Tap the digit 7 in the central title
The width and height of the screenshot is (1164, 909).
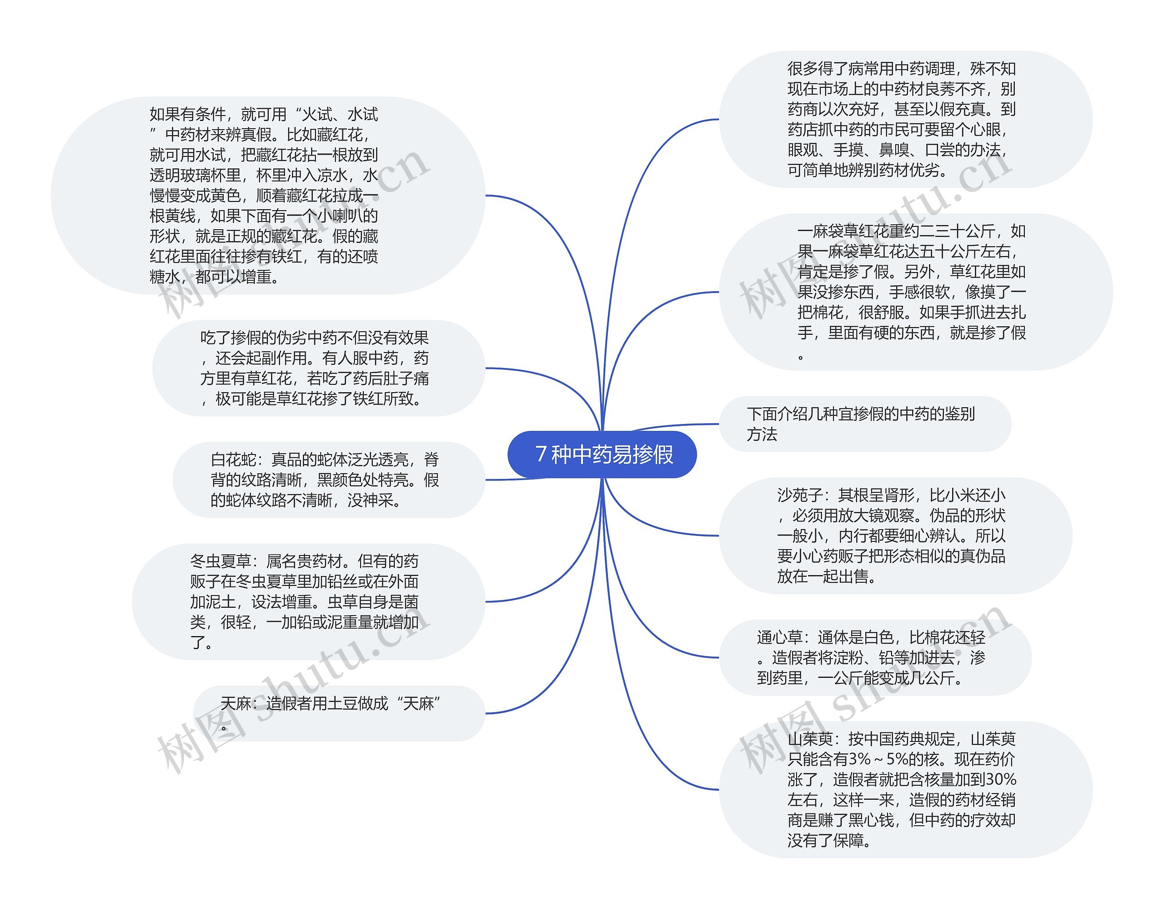click(541, 454)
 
